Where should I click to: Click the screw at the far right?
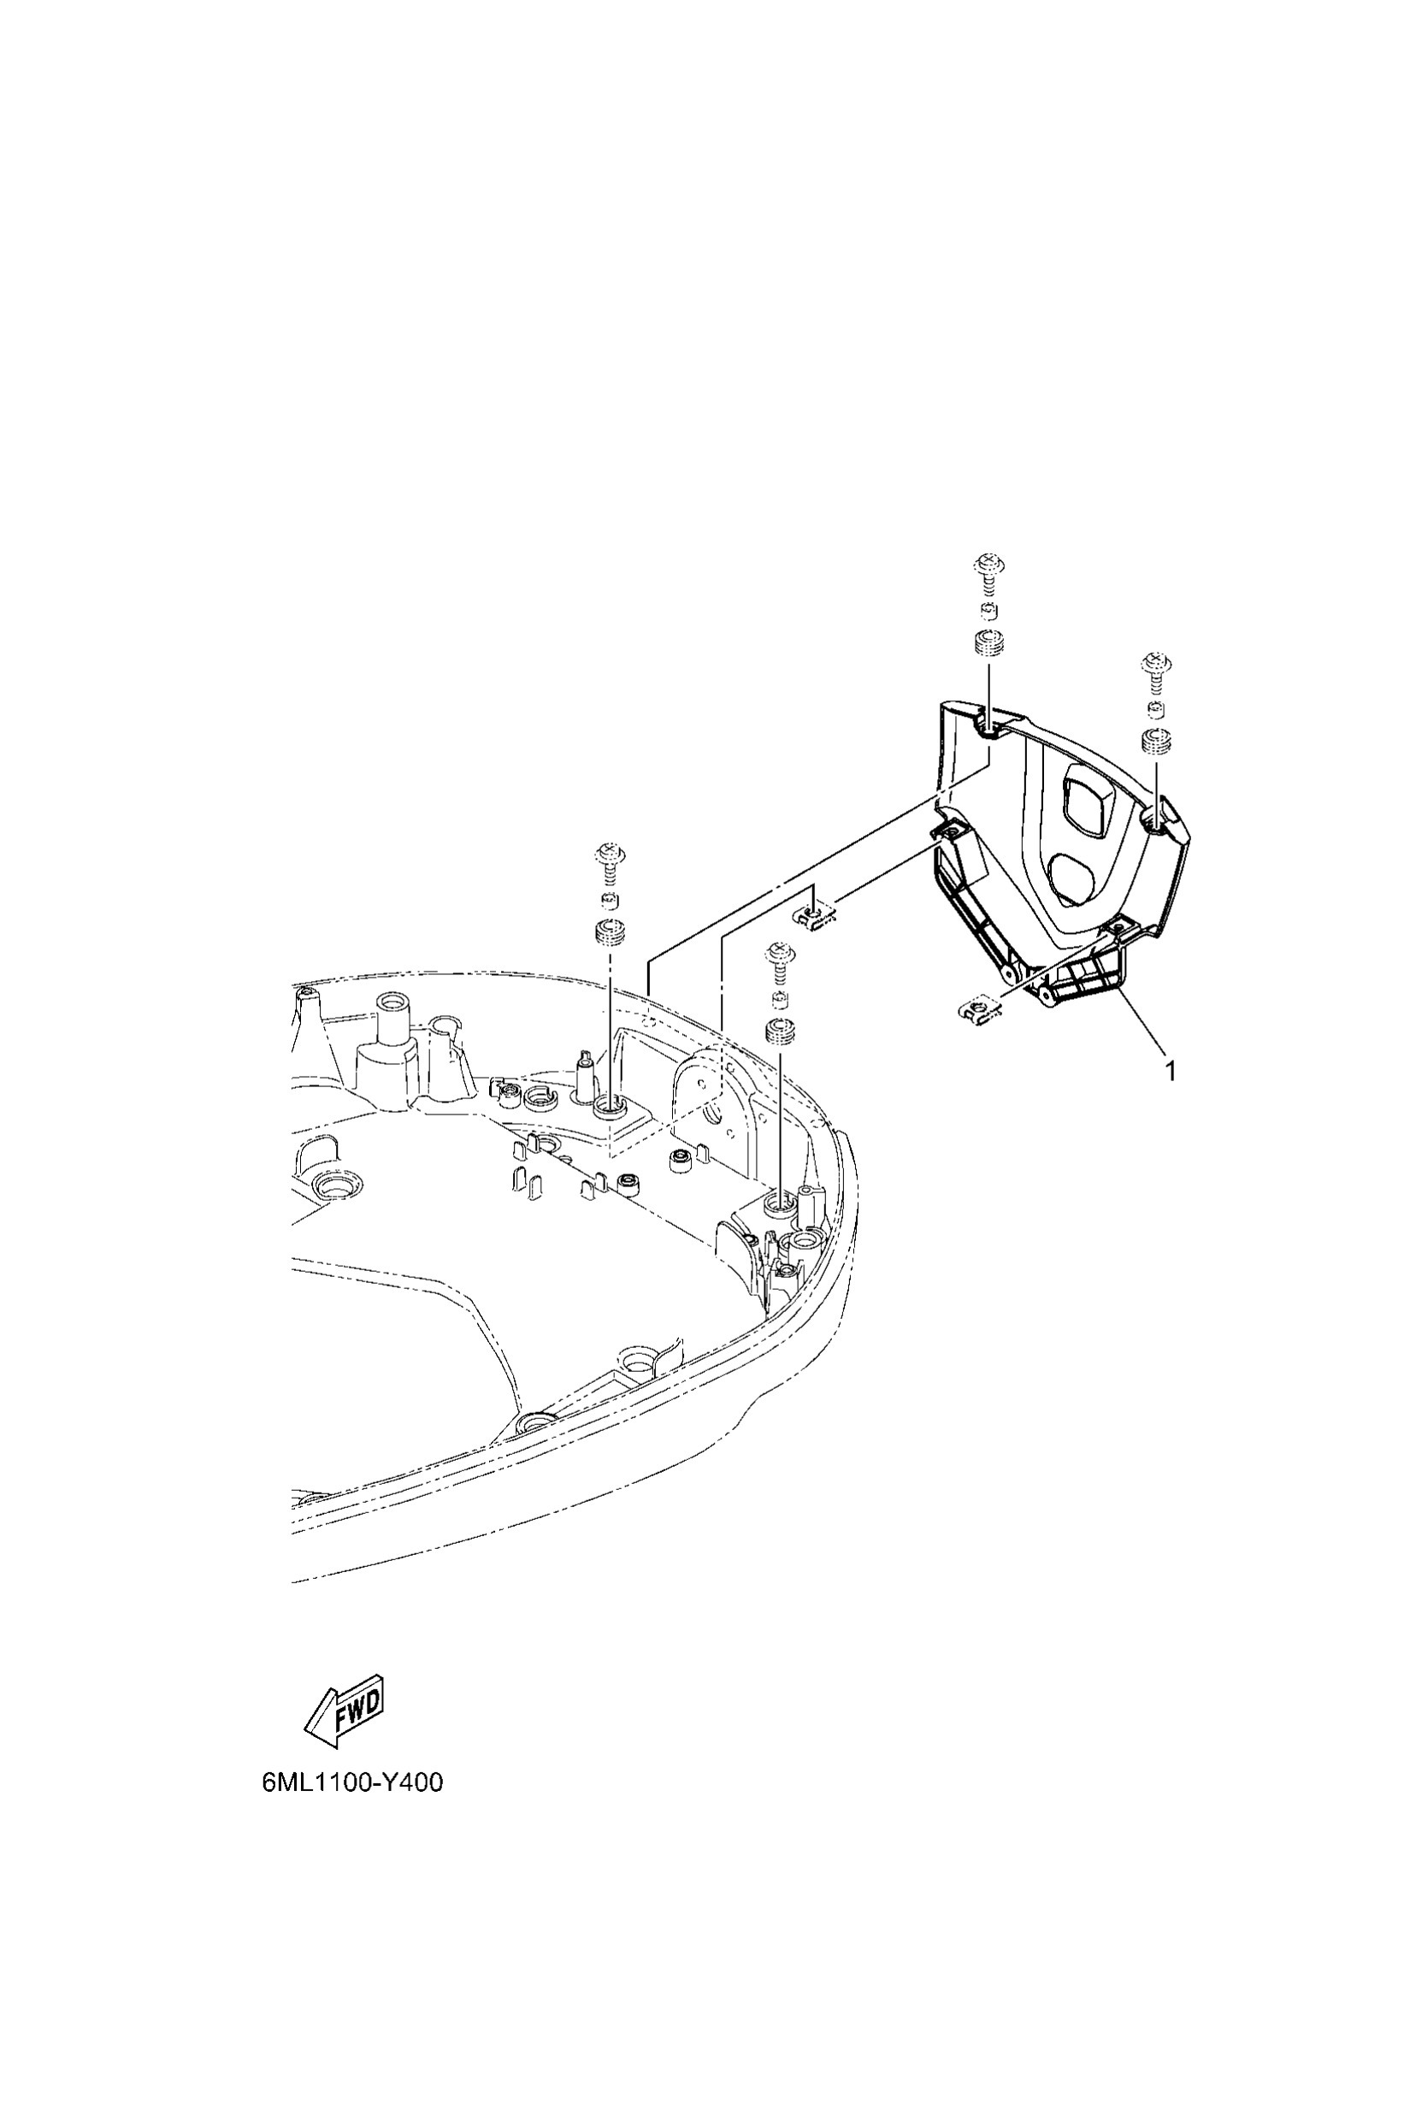coord(1153,671)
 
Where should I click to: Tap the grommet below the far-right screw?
coord(1154,742)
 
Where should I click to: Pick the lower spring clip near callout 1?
coord(976,1012)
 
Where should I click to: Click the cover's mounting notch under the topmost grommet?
coord(989,728)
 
